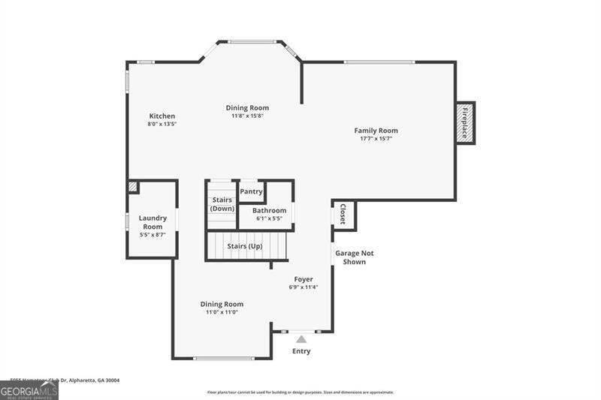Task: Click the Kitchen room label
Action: pyautogui.click(x=162, y=116)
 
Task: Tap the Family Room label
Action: pyautogui.click(x=376, y=131)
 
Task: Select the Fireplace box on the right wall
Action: pyautogui.click(x=465, y=122)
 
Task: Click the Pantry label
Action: pyautogui.click(x=251, y=191)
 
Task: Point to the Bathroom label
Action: pyautogui.click(x=269, y=211)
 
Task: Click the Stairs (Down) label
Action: pyautogui.click(x=222, y=204)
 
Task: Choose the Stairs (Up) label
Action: pyautogui.click(x=244, y=246)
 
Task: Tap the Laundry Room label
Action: pyautogui.click(x=153, y=222)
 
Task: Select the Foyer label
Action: pyautogui.click(x=304, y=279)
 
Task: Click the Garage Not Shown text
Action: pyautogui.click(x=354, y=257)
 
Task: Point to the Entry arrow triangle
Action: pyautogui.click(x=301, y=339)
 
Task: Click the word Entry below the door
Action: pyautogui.click(x=301, y=351)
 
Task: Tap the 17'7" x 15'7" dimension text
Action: pyautogui.click(x=376, y=139)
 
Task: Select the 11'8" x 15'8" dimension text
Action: pyautogui.click(x=247, y=116)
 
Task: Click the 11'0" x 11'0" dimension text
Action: pyautogui.click(x=222, y=312)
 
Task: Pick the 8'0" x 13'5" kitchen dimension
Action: pyautogui.click(x=162, y=124)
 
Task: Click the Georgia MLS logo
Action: pyautogui.click(x=29, y=390)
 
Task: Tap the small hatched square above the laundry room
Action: pyautogui.click(x=132, y=186)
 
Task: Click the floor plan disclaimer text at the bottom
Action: pyautogui.click(x=300, y=392)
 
